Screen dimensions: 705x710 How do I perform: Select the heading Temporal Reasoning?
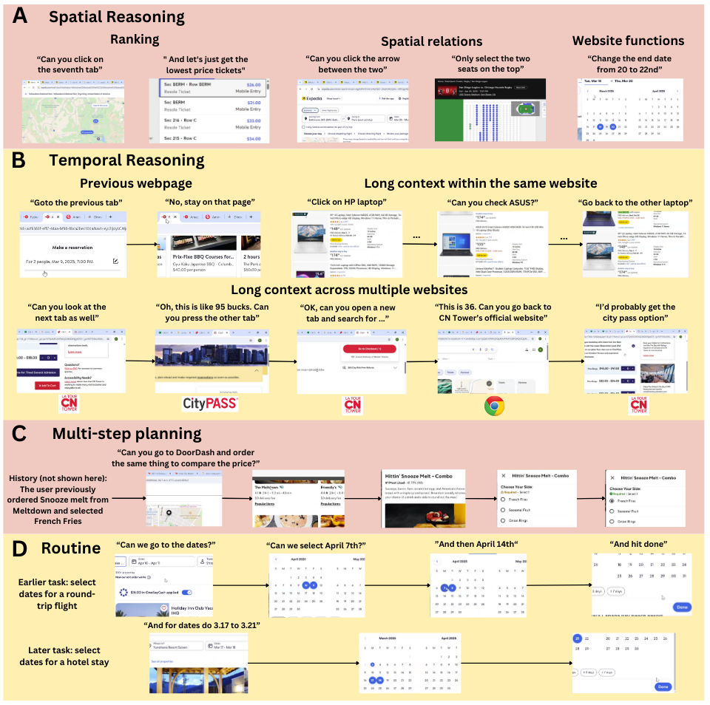tap(126, 160)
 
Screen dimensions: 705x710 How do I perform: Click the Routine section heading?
tap(71, 548)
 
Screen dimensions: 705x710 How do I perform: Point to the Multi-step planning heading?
tap(127, 435)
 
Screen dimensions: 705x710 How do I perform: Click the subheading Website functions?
tap(628, 41)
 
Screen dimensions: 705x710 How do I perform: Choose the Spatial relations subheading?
tap(431, 41)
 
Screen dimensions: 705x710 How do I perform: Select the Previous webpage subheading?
tap(135, 183)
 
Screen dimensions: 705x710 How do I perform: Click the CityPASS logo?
tap(210, 403)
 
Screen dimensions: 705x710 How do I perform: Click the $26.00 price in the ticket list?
tap(253, 85)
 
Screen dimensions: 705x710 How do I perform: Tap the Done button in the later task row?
tap(662, 687)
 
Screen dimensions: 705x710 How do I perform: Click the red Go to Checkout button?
tap(370, 348)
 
